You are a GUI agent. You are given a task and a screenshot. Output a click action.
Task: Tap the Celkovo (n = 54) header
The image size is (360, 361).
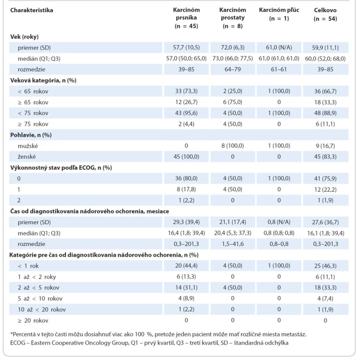coord(325,14)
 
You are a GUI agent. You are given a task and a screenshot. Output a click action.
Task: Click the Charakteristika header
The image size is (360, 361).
coord(32,10)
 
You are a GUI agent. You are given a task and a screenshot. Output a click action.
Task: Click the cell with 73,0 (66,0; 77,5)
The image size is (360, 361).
coord(233,59)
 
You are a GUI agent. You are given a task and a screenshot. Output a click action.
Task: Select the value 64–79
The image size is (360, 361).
coord(233,69)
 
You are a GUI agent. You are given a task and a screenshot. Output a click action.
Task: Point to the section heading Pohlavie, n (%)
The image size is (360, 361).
coord(31,135)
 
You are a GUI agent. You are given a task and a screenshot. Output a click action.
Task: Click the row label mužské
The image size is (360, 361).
coord(28,146)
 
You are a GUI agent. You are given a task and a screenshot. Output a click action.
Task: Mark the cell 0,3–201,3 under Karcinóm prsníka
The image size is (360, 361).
coord(186,244)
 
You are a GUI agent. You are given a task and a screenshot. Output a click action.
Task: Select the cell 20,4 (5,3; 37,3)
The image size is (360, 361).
coord(233,233)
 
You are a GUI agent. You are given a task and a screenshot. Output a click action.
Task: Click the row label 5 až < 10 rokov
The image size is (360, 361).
coord(40,299)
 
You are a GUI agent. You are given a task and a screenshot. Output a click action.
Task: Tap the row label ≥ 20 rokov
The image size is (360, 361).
coord(33,320)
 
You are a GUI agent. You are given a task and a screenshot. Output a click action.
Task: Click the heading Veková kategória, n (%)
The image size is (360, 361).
coord(43,80)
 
